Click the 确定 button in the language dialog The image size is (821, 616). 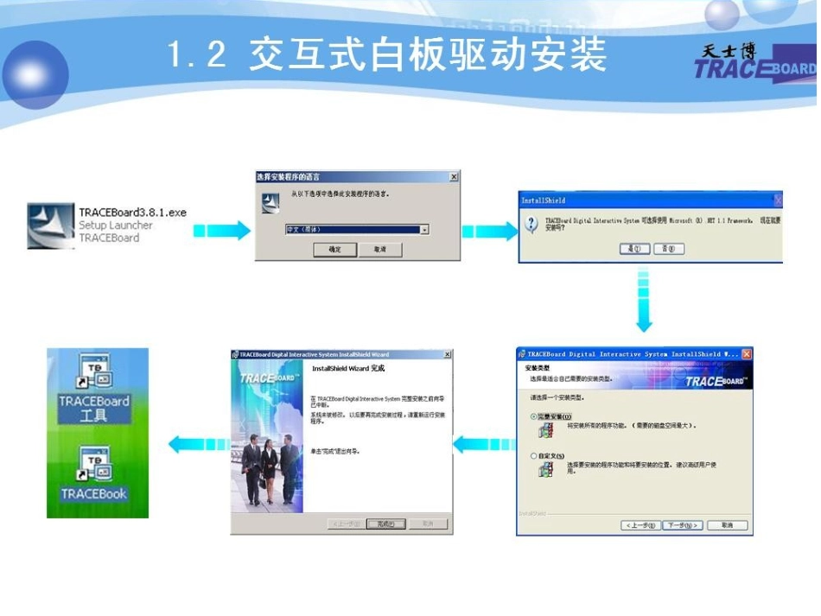335,249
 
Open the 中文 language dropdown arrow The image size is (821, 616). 424,230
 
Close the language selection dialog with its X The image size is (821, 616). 454,177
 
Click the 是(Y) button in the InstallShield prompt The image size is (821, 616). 635,249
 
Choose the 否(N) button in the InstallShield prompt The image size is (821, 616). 668,249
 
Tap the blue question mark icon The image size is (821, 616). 532,226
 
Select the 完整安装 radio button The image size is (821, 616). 533,416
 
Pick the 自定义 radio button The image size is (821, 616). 533,455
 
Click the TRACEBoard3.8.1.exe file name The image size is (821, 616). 132,213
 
